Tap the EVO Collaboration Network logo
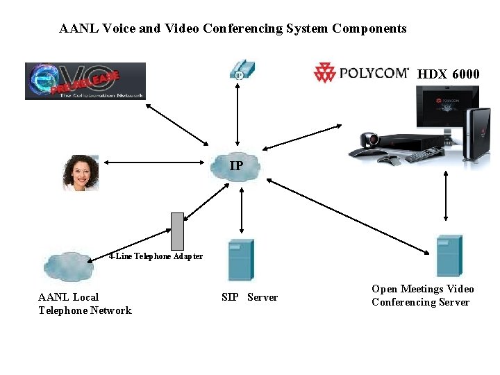[85, 81]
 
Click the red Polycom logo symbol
[324, 72]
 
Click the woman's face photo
[80, 173]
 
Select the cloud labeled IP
[237, 166]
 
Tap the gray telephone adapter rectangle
[178, 230]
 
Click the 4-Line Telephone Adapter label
[156, 256]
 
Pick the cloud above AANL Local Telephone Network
[67, 265]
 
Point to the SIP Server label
[249, 297]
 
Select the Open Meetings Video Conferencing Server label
[422, 295]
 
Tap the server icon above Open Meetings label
[449, 256]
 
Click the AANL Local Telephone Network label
[84, 303]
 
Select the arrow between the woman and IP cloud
[155, 164]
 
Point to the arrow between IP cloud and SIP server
[240, 208]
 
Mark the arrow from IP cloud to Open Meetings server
[347, 215]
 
